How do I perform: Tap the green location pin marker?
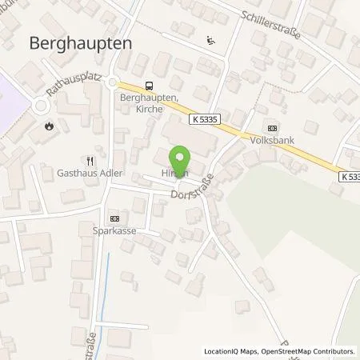[182, 158]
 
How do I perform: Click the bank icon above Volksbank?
[273, 128]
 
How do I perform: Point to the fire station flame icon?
[50, 126]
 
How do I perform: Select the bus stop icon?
[149, 86]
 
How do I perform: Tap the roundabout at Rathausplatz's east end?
[114, 82]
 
